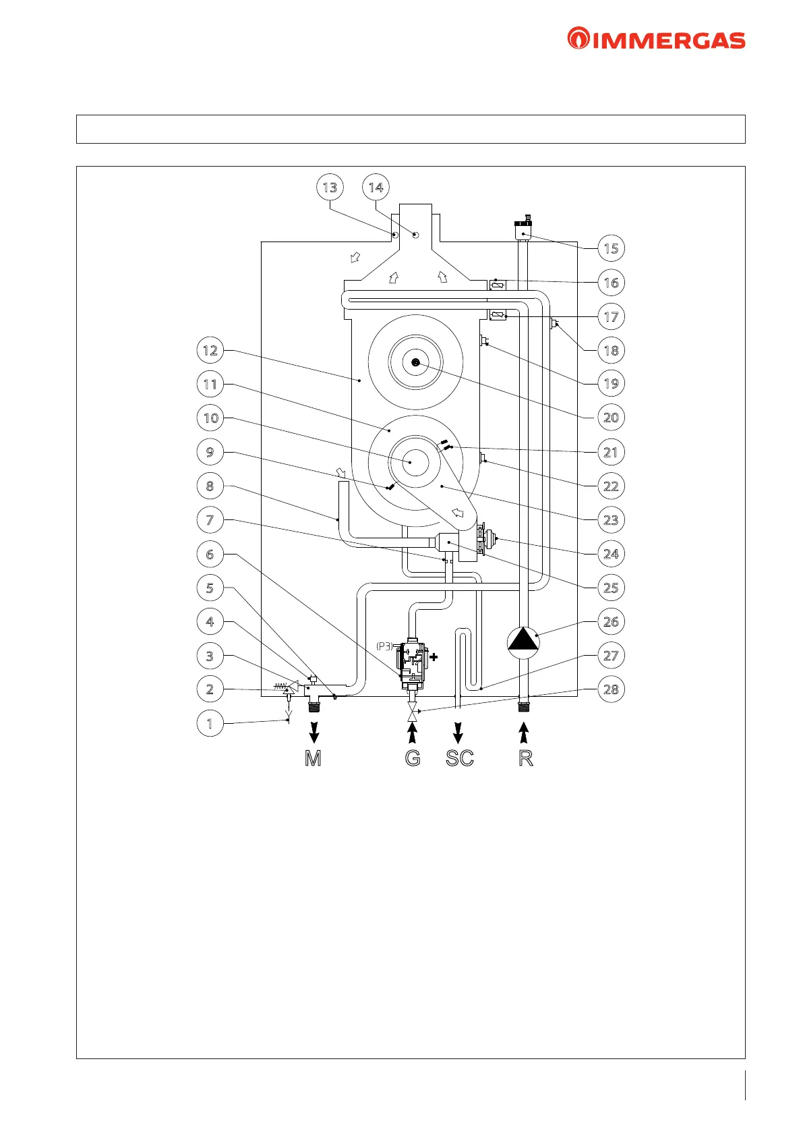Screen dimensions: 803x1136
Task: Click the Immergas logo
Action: pos(656,38)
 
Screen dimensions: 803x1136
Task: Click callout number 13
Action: pos(330,187)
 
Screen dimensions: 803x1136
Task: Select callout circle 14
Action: pos(376,187)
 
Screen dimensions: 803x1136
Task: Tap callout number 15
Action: pos(611,248)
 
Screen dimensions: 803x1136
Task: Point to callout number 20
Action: pos(611,417)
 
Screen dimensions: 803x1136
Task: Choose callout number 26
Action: pos(611,621)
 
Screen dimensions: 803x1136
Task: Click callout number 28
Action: pos(611,689)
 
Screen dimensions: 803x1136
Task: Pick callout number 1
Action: pos(210,723)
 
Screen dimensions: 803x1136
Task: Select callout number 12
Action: pos(210,350)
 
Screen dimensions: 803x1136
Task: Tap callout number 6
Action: pos(210,554)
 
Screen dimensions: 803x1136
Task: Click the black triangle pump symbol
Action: pos(523,642)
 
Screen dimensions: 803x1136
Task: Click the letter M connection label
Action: pos(313,758)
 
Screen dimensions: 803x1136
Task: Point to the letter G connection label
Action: pos(413,758)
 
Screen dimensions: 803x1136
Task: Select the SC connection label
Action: pos(460,758)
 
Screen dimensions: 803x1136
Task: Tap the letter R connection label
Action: pos(526,758)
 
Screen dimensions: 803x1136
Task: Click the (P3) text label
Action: pos(384,646)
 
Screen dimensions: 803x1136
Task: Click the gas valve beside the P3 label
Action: pos(413,665)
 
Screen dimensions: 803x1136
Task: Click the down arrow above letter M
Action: pos(314,733)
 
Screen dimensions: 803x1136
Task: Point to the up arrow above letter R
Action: pos(525,733)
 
